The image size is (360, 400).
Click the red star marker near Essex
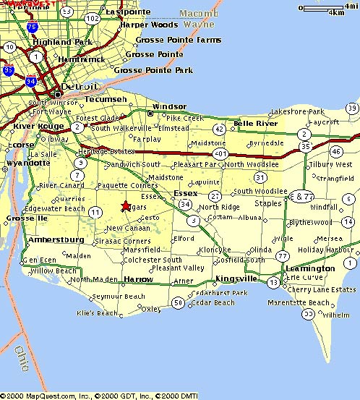(x=126, y=206)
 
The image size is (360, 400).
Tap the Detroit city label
(x=77, y=87)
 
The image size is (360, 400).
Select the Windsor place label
(x=170, y=106)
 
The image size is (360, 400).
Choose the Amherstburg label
(x=56, y=239)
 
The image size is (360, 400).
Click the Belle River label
(x=256, y=124)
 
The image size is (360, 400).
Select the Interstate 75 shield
(x=32, y=27)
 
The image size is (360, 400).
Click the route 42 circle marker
(x=219, y=129)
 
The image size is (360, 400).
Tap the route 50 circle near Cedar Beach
(x=178, y=303)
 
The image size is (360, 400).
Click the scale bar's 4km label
(x=337, y=13)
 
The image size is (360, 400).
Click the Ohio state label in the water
(x=22, y=360)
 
